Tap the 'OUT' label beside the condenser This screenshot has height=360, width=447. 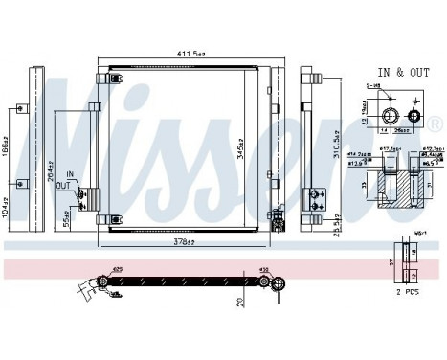63,186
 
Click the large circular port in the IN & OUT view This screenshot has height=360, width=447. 390,114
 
